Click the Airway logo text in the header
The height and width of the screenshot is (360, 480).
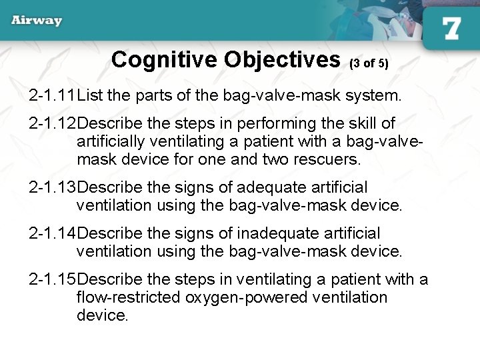(x=37, y=20)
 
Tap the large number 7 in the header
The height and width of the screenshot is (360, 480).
(x=451, y=29)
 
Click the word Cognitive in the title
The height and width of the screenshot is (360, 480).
(x=165, y=60)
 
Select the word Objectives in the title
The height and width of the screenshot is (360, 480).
(x=283, y=60)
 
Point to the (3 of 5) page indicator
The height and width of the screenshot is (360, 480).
(x=369, y=63)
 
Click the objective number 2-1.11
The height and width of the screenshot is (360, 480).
(x=53, y=96)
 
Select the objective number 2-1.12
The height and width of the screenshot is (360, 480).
(x=53, y=124)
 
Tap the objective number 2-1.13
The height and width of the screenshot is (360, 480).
(x=53, y=188)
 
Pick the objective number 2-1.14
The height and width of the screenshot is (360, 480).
(x=53, y=234)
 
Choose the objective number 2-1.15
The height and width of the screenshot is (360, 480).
(x=53, y=280)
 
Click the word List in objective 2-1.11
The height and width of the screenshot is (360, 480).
(x=90, y=96)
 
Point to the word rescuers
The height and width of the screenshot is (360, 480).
(x=326, y=160)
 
